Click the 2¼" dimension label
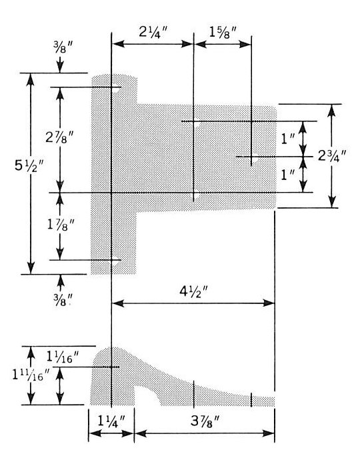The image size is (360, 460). coord(153,32)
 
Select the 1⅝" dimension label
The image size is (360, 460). coord(223,32)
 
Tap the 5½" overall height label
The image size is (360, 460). coord(29,167)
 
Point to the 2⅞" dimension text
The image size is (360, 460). coord(60,137)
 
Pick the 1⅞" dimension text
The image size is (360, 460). coord(61,225)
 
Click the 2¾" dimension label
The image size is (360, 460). coord(333,156)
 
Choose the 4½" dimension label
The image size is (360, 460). coord(193,291)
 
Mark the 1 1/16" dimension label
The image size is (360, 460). coord(63,357)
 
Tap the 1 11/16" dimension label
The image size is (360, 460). coord(31,375)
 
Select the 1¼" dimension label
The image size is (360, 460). coord(111,421)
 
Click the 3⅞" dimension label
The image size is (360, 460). coord(205,421)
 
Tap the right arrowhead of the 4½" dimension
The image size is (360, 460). coord(269,303)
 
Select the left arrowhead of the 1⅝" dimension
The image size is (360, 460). coord(200,44)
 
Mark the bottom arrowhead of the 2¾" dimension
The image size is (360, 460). coord(332,202)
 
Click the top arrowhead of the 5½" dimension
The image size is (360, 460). coord(30,79)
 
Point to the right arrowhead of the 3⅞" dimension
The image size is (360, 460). coord(269,433)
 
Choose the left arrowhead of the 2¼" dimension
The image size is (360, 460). coord(118,44)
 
